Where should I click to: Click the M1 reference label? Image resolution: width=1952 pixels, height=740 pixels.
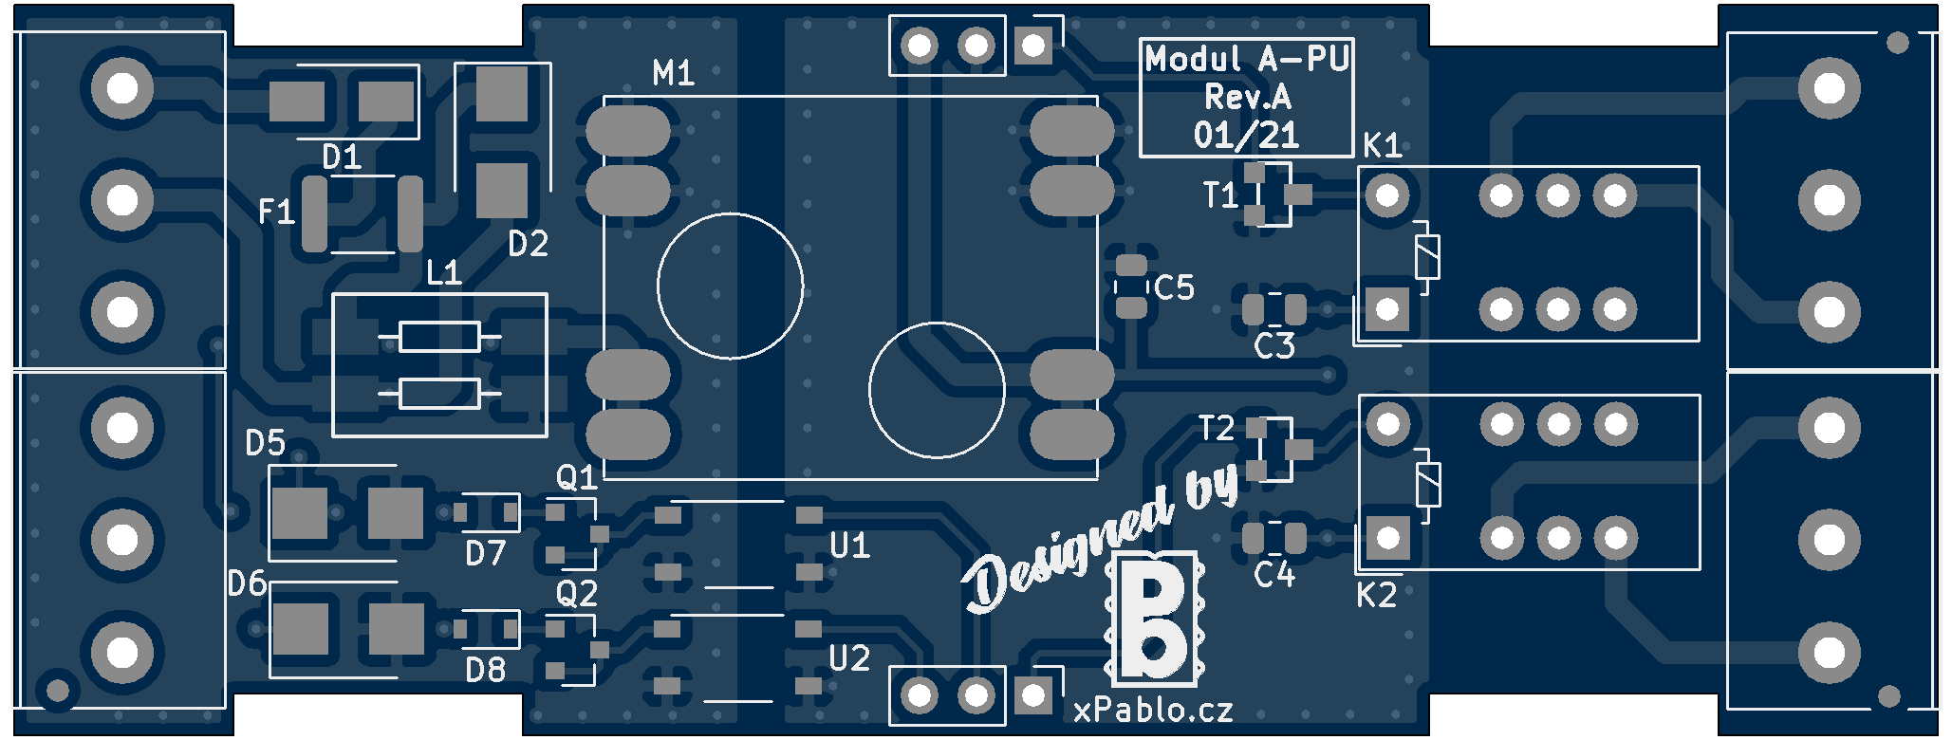point(673,73)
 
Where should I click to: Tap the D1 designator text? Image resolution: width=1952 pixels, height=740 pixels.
point(342,157)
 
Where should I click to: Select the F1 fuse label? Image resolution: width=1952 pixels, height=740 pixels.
point(276,211)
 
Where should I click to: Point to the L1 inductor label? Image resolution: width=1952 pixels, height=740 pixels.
point(443,273)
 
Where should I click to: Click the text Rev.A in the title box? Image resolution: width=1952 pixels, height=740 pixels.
point(1247,97)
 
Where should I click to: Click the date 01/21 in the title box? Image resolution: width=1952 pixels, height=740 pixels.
point(1246,135)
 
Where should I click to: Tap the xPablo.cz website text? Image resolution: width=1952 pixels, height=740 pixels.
point(1153,710)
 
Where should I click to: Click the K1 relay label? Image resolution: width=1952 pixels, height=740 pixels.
point(1382,146)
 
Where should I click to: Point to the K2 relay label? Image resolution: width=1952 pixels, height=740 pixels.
point(1376,596)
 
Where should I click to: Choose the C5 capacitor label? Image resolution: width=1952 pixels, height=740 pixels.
point(1174,287)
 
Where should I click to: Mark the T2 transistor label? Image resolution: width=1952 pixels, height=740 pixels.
point(1217,429)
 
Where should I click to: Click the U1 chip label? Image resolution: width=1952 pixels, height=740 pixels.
point(849,546)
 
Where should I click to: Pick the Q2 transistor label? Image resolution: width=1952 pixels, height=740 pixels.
point(576,594)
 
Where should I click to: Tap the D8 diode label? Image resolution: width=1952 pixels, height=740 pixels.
point(485,671)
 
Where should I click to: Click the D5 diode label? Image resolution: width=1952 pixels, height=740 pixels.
point(265,442)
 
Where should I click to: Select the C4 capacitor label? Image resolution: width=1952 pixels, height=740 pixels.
point(1273,575)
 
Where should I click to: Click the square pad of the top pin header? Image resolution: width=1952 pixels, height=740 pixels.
point(1032,44)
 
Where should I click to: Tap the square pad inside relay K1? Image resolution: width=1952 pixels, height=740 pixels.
point(1387,308)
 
